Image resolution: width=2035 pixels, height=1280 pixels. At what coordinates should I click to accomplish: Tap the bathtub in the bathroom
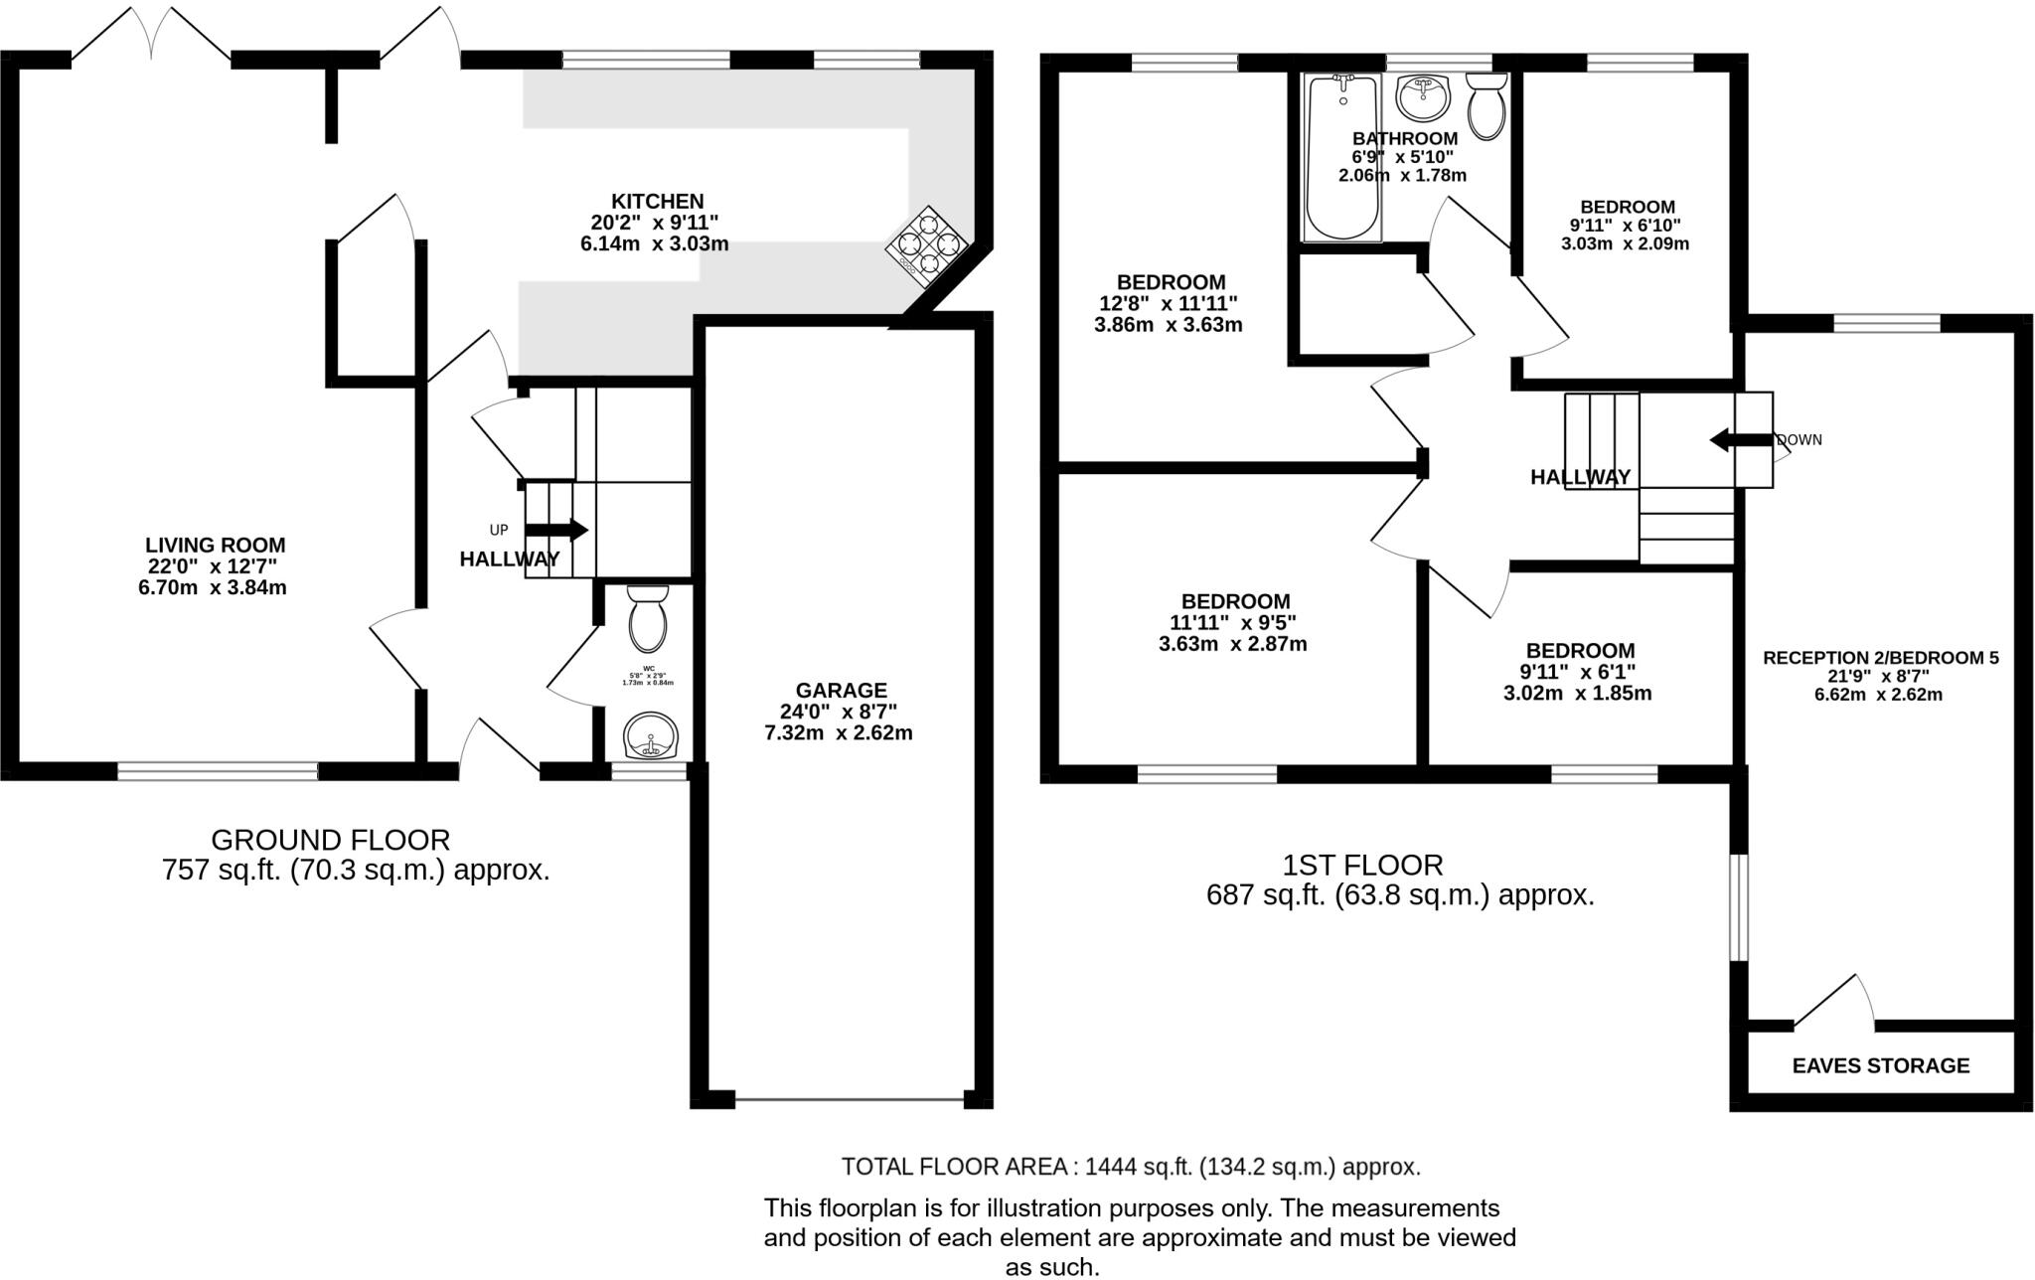[1342, 159]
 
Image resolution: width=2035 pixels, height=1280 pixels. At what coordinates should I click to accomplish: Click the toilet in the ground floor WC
[649, 616]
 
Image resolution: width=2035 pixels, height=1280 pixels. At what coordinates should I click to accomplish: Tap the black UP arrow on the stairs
[555, 531]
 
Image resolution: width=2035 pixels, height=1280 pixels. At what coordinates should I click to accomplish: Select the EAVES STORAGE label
[1880, 1066]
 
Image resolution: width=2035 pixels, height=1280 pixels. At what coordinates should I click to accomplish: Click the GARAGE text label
[841, 690]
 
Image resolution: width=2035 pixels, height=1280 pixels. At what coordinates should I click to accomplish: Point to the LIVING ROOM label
[215, 545]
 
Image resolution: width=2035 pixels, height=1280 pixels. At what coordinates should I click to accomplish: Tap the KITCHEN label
[657, 202]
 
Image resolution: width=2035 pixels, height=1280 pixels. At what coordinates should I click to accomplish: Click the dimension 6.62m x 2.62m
[1878, 695]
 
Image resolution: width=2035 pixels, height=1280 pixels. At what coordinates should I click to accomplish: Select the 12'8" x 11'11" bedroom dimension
[1168, 303]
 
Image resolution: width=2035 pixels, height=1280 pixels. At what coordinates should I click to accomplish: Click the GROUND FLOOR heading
[330, 840]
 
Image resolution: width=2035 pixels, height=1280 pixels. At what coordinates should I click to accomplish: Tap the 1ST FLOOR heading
[1362, 865]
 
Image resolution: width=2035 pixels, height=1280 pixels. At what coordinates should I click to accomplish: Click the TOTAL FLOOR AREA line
[1131, 1167]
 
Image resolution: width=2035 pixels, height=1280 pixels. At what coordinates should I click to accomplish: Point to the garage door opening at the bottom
[849, 1099]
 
